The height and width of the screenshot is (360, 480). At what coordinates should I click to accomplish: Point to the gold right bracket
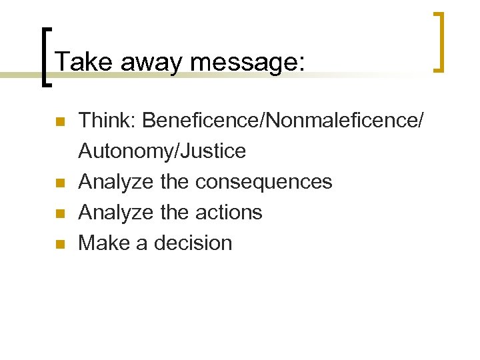click(x=439, y=41)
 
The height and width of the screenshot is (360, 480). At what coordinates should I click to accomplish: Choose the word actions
click(x=229, y=213)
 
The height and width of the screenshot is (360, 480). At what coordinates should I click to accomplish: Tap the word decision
click(x=193, y=243)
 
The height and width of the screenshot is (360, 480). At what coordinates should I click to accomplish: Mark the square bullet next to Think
click(x=59, y=122)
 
